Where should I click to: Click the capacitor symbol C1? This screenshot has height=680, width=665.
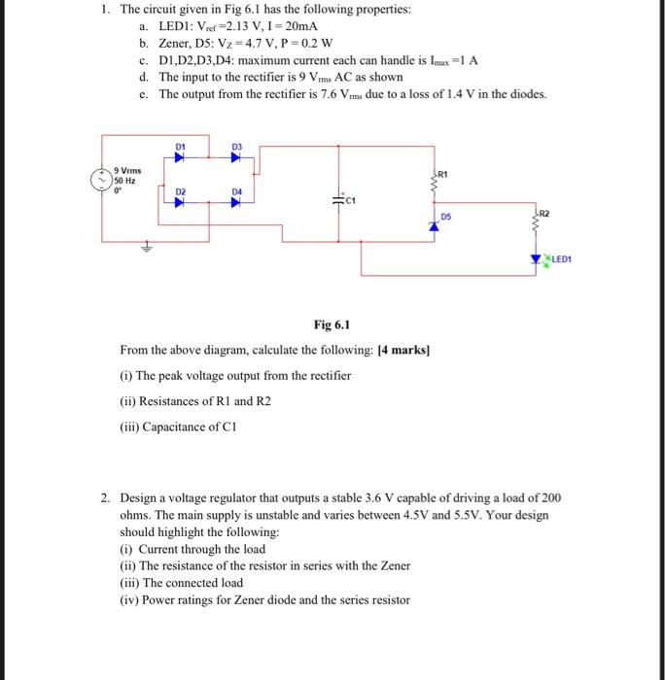pos(339,198)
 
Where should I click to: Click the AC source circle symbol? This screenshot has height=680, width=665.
pos(99,179)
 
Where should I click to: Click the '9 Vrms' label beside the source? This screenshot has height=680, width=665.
pos(128,170)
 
